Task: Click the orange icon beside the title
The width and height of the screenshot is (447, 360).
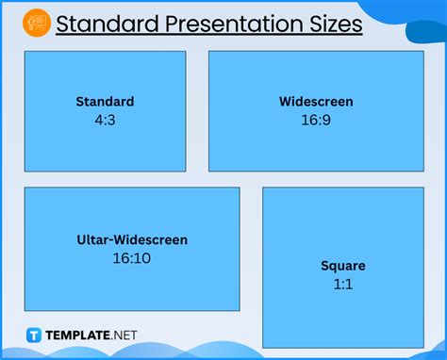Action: coord(37,22)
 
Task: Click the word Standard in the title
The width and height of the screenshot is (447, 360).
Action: coord(100,23)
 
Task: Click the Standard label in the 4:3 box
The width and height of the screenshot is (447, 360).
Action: coord(105,102)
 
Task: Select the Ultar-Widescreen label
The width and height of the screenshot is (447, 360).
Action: coord(132,240)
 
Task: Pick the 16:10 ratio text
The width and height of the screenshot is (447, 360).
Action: coord(132,257)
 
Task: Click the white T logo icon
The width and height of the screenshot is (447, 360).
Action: coord(35,335)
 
